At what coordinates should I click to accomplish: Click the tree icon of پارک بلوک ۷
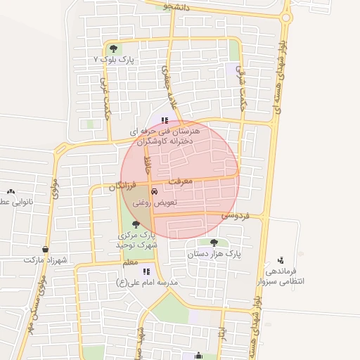pyautogui.click(x=113, y=49)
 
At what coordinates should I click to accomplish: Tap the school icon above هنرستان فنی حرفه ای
pyautogui.click(x=165, y=120)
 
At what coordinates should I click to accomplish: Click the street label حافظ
pyautogui.click(x=148, y=166)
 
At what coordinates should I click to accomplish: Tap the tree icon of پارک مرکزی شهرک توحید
pyautogui.click(x=136, y=224)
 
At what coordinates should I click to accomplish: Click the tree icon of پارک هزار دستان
pyautogui.click(x=214, y=242)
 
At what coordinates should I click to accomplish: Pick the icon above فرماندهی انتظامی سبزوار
pyautogui.click(x=281, y=260)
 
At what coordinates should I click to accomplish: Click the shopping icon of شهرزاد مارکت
pyautogui.click(x=46, y=248)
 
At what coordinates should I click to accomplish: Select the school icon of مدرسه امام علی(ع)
pyautogui.click(x=146, y=271)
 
